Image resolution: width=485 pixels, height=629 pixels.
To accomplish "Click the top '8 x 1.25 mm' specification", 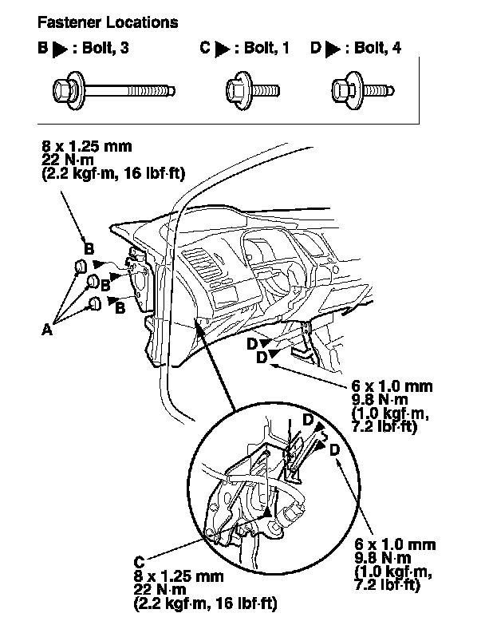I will (85, 147).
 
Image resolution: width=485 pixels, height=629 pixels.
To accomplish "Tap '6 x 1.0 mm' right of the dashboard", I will (391, 386).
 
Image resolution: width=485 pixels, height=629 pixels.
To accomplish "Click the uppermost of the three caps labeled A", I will (81, 266).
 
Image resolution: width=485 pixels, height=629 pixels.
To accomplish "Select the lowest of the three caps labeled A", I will (95, 303).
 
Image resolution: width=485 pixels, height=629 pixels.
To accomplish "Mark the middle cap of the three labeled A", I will (92, 281).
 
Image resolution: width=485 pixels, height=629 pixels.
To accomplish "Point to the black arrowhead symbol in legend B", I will (60, 49).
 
